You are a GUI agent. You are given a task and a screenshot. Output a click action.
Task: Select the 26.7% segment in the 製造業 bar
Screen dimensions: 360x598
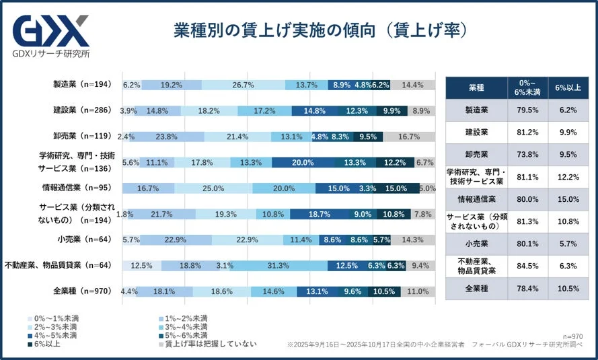pyautogui.click(x=242, y=85)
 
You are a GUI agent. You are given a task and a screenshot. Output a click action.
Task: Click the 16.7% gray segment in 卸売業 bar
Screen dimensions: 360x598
pyautogui.click(x=410, y=136)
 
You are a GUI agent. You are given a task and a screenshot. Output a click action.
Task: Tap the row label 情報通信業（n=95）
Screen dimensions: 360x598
pyautogui.click(x=80, y=188)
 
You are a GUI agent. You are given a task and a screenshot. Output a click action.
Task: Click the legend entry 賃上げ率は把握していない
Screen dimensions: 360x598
pyautogui.click(x=207, y=344)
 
